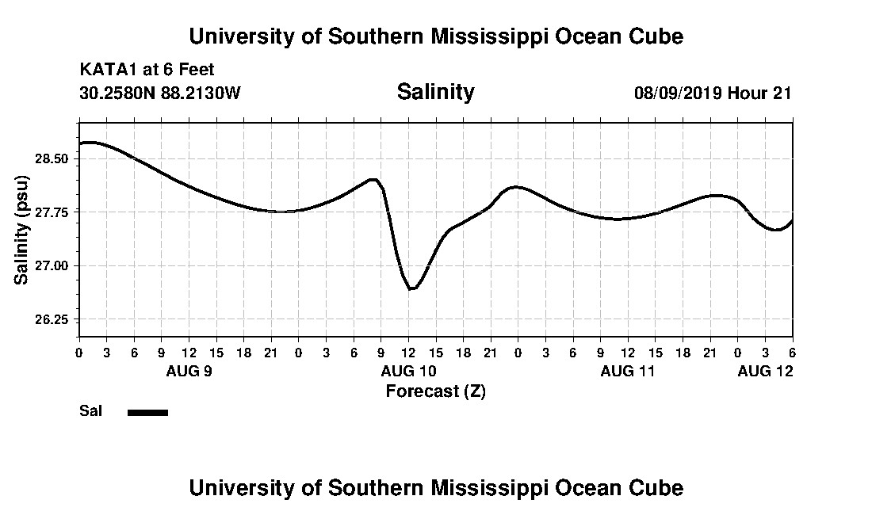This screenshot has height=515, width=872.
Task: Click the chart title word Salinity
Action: [x=435, y=92]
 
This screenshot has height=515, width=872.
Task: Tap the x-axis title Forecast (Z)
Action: [x=435, y=391]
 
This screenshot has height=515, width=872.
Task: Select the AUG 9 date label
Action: [x=189, y=371]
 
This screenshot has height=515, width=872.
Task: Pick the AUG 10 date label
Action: [x=408, y=371]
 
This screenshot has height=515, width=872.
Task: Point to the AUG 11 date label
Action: [x=628, y=371]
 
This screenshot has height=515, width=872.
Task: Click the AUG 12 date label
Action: [x=765, y=371]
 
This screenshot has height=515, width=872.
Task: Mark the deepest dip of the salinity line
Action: [x=411, y=289]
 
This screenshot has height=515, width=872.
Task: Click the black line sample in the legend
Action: [x=147, y=412]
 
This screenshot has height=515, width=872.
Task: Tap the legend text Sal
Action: [x=90, y=411]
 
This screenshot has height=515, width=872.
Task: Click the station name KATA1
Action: [x=109, y=70]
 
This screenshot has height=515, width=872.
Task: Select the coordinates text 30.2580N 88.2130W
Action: [x=159, y=93]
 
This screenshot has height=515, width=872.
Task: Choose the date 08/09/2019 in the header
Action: [x=678, y=93]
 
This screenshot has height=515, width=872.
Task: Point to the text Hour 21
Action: [x=759, y=93]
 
